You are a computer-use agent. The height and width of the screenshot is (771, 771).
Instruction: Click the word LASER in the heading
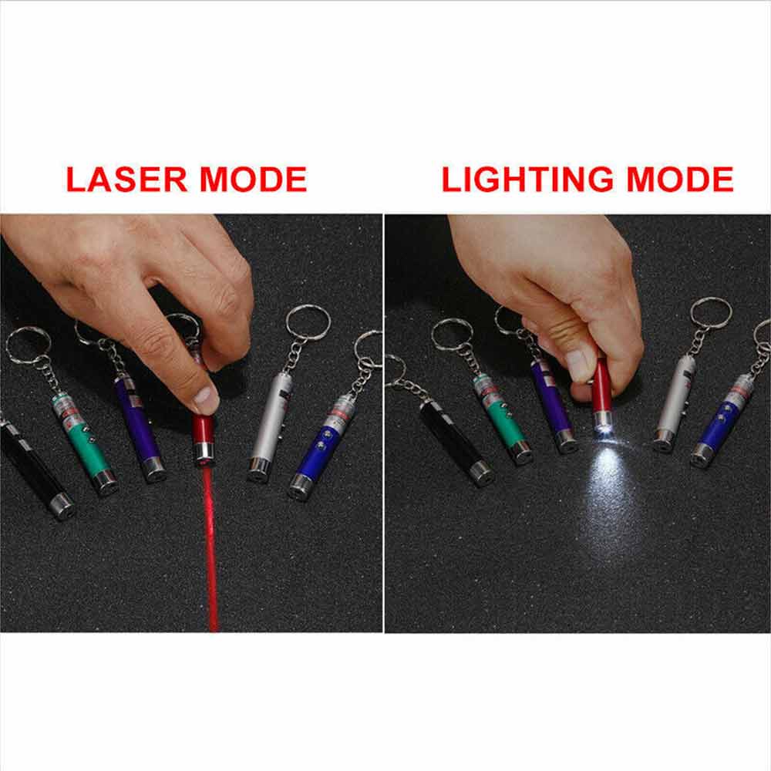[126, 179]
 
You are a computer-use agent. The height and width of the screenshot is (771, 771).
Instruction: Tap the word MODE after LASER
[254, 179]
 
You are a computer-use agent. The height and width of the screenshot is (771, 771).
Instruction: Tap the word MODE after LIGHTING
[680, 179]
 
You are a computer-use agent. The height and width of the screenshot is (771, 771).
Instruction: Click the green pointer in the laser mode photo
[85, 442]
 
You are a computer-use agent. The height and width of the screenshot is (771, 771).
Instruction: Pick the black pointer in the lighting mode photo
[456, 442]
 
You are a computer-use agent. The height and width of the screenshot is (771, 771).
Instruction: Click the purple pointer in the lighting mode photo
[553, 405]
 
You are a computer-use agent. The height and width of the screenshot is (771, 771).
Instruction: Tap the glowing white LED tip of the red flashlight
[604, 427]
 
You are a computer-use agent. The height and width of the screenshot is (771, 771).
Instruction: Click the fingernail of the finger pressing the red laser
[206, 399]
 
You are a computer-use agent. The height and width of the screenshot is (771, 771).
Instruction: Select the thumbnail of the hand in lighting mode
[576, 365]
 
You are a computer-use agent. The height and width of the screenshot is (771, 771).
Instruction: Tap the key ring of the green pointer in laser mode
[29, 345]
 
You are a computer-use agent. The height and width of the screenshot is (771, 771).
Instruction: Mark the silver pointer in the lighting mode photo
[675, 403]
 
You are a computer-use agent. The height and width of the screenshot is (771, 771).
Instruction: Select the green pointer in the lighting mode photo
[503, 419]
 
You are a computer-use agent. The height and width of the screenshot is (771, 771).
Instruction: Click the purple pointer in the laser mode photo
[140, 429]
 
